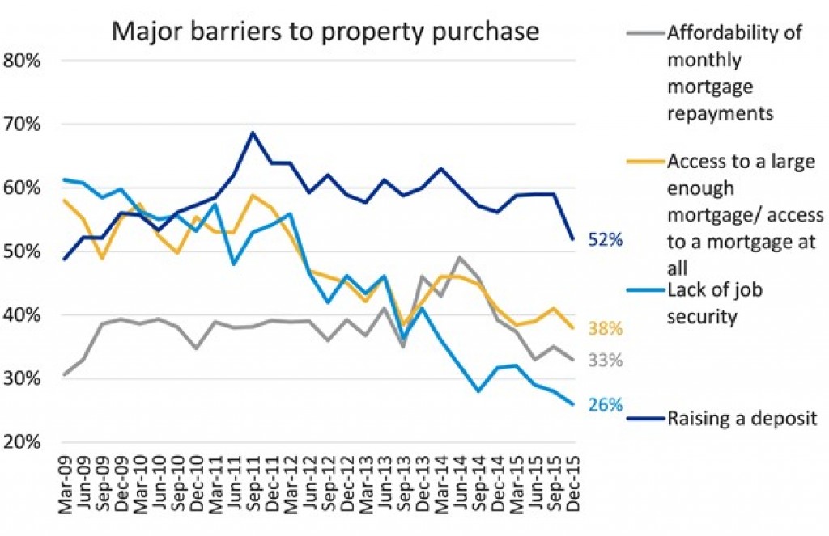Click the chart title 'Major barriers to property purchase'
[325, 31]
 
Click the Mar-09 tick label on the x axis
[66, 483]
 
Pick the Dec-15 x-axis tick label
[574, 483]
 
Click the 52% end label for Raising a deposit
[606, 240]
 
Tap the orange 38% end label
[606, 329]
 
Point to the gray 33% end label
[606, 361]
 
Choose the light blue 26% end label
[606, 404]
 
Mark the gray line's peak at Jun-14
[461, 258]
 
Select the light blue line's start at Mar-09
[65, 179]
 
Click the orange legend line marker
[646, 160]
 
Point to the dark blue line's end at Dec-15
[574, 239]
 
